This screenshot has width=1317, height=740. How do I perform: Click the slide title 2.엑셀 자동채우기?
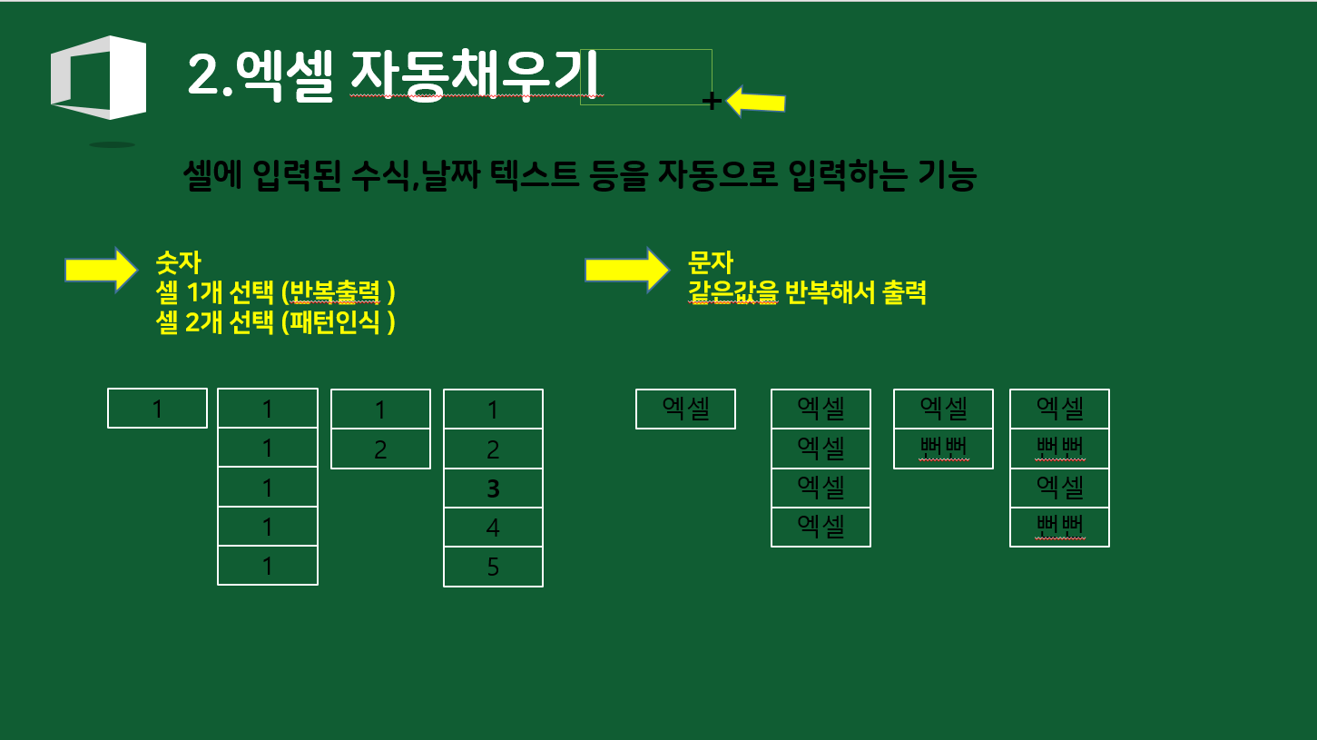click(x=395, y=75)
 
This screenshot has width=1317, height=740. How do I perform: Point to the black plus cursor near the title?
click(x=713, y=102)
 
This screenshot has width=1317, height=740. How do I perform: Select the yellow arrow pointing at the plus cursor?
click(x=756, y=102)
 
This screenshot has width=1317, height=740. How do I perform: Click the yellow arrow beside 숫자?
click(x=100, y=270)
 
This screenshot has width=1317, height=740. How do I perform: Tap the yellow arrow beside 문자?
click(x=626, y=270)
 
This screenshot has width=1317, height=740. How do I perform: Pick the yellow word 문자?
click(x=710, y=263)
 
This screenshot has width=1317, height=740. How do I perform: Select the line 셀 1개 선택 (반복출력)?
click(x=276, y=293)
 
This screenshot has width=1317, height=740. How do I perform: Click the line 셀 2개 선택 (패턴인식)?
click(x=276, y=323)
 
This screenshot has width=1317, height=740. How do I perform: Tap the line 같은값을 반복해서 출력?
click(x=808, y=293)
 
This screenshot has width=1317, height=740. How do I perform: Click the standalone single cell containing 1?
click(x=157, y=409)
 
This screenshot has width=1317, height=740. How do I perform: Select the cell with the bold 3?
click(x=493, y=488)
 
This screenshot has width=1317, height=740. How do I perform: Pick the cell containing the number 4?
click(x=493, y=528)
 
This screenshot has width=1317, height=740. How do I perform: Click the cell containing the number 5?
click(x=493, y=567)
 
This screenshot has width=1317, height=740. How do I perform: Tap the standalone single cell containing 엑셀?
click(x=685, y=409)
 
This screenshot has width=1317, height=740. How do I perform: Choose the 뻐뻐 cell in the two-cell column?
click(x=943, y=449)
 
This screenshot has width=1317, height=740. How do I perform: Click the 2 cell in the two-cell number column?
click(x=380, y=449)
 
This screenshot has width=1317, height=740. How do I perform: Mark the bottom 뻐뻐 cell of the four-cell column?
click(x=1059, y=528)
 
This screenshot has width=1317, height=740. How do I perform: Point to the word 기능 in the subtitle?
click(x=948, y=176)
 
